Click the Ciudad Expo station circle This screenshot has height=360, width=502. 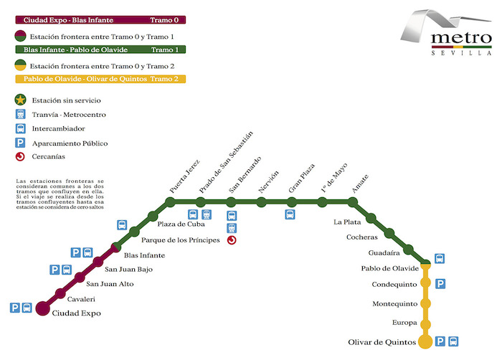pyautogui.click(x=42, y=308)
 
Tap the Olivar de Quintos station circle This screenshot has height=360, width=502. pyautogui.click(x=425, y=341)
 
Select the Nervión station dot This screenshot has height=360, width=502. pyautogui.click(x=261, y=202)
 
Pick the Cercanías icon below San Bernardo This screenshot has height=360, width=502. pyautogui.click(x=232, y=240)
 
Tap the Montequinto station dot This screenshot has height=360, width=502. pyautogui.click(x=425, y=304)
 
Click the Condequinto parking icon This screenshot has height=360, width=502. pyautogui.click(x=441, y=283)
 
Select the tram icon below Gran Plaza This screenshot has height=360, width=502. pyautogui.click(x=290, y=214)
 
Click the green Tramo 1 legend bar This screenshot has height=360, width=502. pyautogui.click(x=100, y=49)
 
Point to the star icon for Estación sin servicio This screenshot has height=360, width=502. pyautogui.click(x=21, y=100)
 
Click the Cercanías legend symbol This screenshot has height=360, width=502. pyautogui.click(x=21, y=157)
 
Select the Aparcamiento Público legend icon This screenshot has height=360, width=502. pyautogui.click(x=21, y=143)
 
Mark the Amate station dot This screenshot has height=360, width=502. pyautogui.click(x=352, y=203)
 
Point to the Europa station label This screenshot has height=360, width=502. pyautogui.click(x=405, y=323)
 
